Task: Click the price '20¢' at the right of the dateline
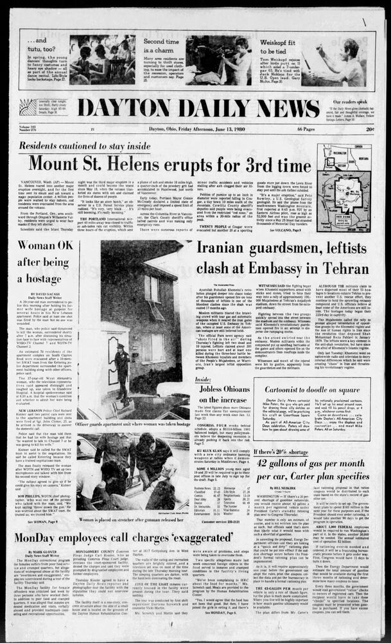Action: (x=370, y=129)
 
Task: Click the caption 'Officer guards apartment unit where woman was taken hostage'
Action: (x=133, y=424)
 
